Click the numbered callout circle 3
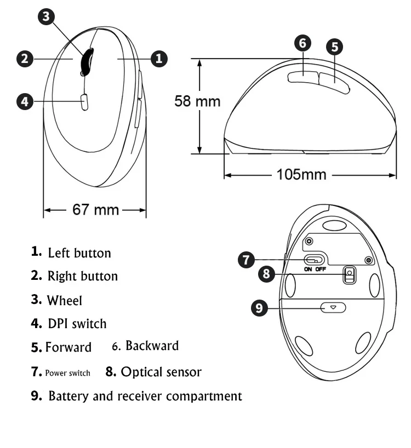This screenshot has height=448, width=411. point(46,16)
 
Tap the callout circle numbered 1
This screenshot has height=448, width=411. point(159,59)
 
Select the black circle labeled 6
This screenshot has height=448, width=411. point(302,43)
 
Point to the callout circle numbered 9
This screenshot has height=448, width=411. point(259,308)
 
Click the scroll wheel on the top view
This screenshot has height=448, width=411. point(87,61)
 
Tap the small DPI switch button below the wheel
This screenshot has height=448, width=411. point(84,102)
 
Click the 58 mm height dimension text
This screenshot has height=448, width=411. point(197,101)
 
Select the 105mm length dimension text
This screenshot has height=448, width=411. point(301,175)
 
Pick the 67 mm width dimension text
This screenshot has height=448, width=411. point(95,209)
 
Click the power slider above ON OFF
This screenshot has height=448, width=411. point(313,260)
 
